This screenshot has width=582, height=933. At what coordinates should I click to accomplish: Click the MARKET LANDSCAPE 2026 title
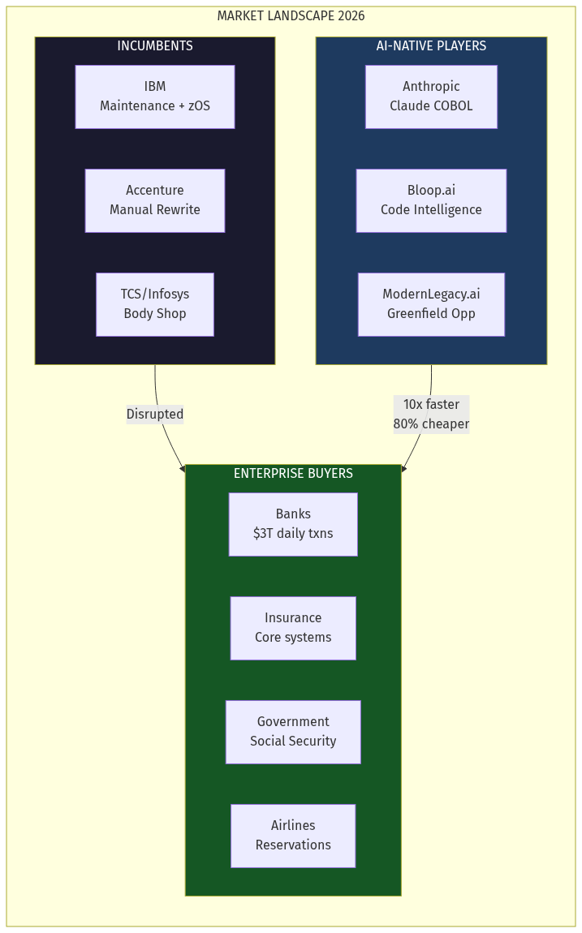coord(291,16)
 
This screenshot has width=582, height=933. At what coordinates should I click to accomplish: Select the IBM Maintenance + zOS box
coord(155,97)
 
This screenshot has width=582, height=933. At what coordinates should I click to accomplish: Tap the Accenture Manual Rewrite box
coord(155,200)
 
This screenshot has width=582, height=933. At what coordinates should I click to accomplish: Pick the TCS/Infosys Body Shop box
coord(155,304)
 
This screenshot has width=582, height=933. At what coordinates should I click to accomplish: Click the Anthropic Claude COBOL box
coord(431,97)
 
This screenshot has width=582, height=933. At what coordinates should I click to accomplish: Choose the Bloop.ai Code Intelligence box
coord(431,200)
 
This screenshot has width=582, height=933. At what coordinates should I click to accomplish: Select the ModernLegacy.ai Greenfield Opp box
coord(431,304)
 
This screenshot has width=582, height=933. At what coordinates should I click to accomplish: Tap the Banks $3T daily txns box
coord(293,524)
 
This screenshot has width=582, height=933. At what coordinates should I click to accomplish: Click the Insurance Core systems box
coord(293,628)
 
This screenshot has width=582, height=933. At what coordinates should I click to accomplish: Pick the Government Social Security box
coord(293,732)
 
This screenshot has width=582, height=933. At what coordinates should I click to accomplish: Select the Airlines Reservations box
coord(293,836)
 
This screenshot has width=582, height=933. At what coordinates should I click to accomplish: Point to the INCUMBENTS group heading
coord(155,46)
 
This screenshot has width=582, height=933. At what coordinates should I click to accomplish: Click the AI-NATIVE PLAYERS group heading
coord(431,46)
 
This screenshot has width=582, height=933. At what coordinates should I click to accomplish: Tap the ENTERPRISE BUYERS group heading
coord(293,474)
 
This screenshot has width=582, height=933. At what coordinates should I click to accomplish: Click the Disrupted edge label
coord(155,415)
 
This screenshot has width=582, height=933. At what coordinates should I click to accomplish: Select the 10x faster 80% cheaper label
coord(431,415)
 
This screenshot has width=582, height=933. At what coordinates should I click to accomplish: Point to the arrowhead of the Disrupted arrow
coord(183,468)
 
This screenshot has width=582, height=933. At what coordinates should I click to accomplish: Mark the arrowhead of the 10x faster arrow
coord(403,468)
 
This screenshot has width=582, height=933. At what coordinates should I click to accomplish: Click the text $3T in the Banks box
coord(263,534)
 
